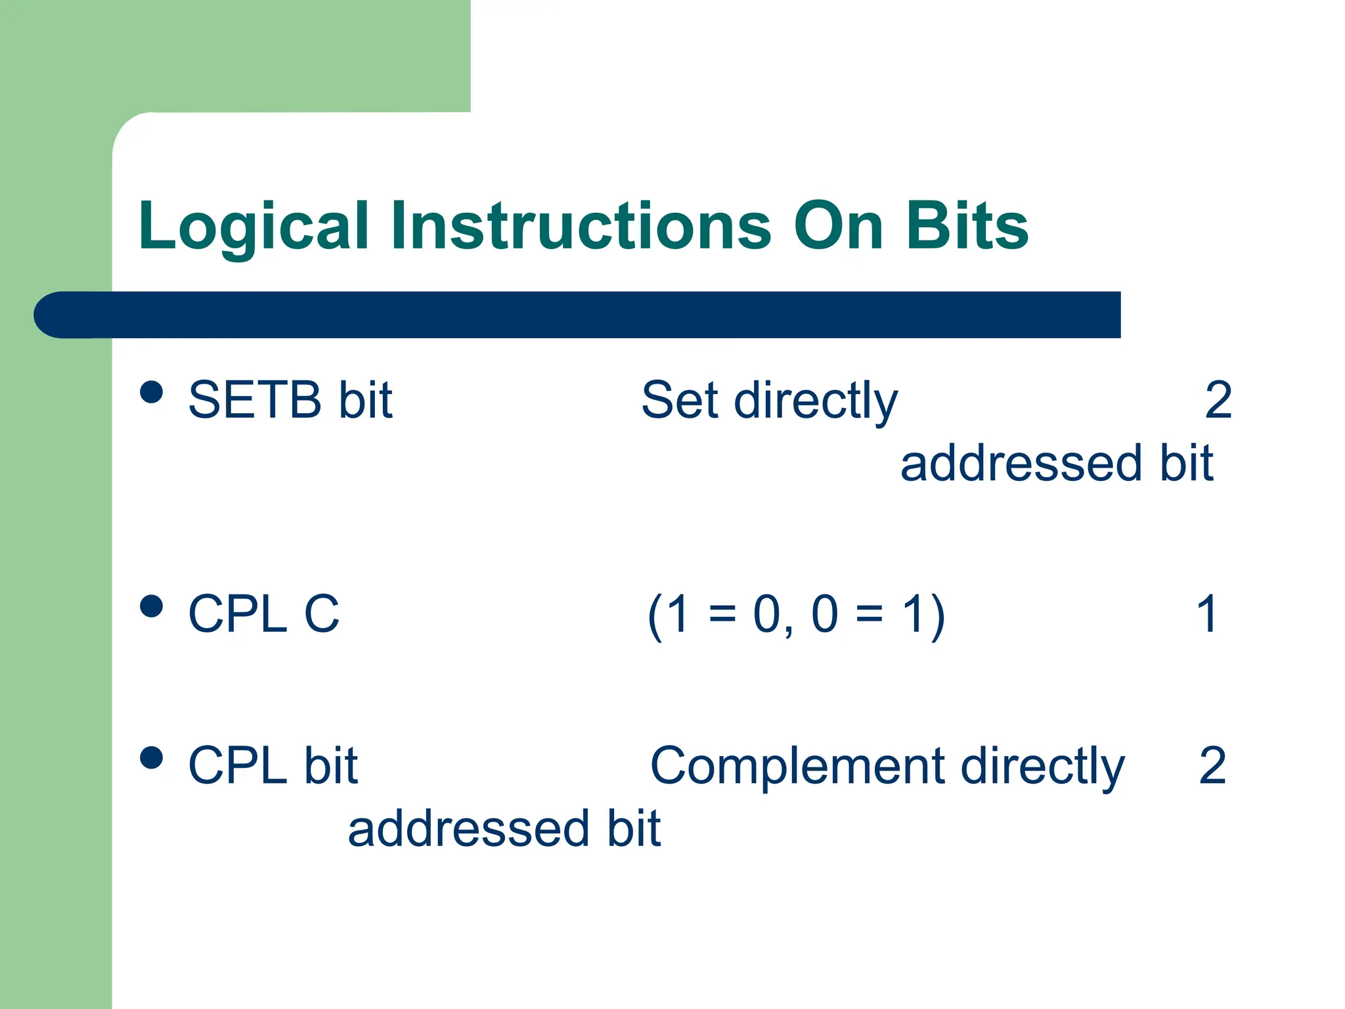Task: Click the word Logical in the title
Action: pyautogui.click(x=254, y=227)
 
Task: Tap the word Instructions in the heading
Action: pyautogui.click(x=581, y=227)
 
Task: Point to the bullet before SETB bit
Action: pyautogui.click(x=152, y=392)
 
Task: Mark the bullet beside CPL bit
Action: pyautogui.click(x=152, y=757)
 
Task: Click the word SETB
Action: pyautogui.click(x=255, y=400)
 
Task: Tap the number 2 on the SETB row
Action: pyautogui.click(x=1218, y=400)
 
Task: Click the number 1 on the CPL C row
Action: pyautogui.click(x=1207, y=614)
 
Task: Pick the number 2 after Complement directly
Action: pyautogui.click(x=1212, y=766)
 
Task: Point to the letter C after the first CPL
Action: pyautogui.click(x=321, y=614)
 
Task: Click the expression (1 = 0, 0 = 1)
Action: pyautogui.click(x=796, y=616)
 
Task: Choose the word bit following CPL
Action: pyautogui.click(x=331, y=766)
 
